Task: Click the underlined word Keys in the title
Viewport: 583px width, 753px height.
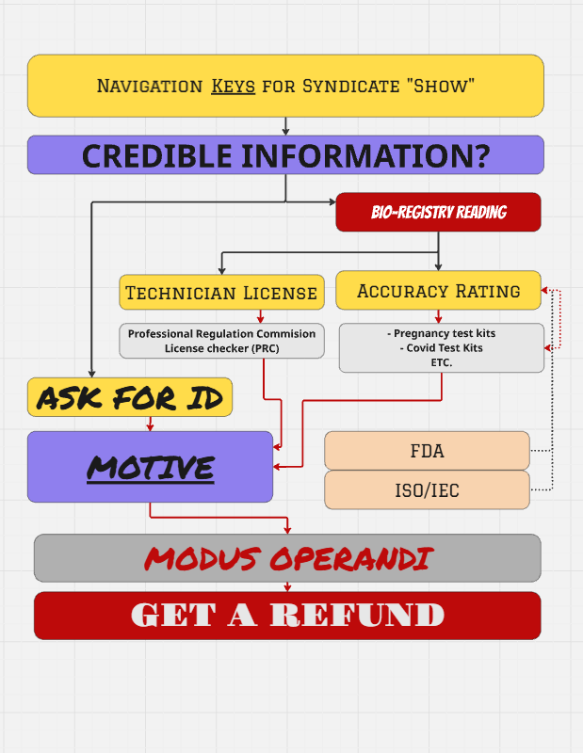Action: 233,86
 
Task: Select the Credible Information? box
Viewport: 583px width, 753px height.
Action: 285,154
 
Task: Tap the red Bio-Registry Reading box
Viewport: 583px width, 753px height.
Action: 438,213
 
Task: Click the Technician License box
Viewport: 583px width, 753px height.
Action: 221,292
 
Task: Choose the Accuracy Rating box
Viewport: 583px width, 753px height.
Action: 438,290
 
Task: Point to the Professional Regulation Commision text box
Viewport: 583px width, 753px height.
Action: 221,341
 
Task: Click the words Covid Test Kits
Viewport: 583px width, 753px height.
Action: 445,347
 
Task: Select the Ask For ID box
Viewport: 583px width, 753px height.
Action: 130,397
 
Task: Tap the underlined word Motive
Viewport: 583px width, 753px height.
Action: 151,468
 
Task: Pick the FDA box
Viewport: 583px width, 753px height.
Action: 427,451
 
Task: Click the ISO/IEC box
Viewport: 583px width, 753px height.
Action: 427,489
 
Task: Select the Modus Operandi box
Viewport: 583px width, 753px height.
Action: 287,558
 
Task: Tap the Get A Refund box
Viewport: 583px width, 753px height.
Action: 287,616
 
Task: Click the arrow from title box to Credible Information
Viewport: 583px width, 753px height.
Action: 285,126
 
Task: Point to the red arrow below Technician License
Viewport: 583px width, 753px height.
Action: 261,316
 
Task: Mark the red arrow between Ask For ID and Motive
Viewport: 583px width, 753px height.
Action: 150,425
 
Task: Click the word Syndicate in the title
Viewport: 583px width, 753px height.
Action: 351,86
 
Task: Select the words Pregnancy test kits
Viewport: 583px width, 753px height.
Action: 445,333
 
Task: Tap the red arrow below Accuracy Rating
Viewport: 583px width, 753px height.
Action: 438,316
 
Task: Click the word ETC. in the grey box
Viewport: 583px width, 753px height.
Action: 442,362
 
